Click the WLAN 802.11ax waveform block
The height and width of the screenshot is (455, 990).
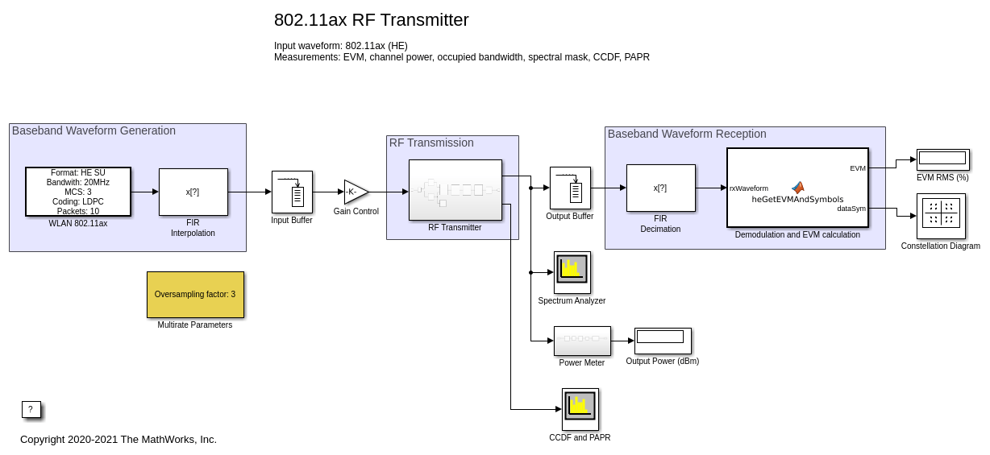coord(77,192)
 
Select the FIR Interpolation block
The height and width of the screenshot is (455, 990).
coord(193,192)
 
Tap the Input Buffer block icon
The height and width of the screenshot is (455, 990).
coord(292,192)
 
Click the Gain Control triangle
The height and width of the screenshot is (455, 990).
coord(355,192)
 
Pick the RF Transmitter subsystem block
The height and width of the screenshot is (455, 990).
coord(455,190)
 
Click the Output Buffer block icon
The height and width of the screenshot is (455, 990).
coord(570,188)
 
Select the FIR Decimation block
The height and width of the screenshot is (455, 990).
coord(660,188)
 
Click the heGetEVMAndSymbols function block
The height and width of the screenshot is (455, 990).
coord(797,188)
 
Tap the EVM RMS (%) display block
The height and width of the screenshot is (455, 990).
coord(942,159)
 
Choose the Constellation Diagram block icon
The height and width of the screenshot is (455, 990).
coord(941,216)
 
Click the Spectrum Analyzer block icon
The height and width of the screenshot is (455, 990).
coord(572,272)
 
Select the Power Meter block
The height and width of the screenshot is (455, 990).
coord(582,341)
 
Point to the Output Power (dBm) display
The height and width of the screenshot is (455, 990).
coord(662,341)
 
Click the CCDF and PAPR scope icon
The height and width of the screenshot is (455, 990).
coord(580,409)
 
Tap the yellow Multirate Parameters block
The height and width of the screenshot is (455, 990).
coord(195,295)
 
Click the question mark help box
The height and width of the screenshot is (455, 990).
coord(31,409)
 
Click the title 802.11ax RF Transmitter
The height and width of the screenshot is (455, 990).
coord(371,20)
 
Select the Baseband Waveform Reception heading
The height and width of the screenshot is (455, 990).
coord(687,134)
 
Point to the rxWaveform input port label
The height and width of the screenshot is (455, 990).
coord(749,188)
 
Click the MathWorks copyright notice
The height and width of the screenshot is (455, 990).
coord(119,439)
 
